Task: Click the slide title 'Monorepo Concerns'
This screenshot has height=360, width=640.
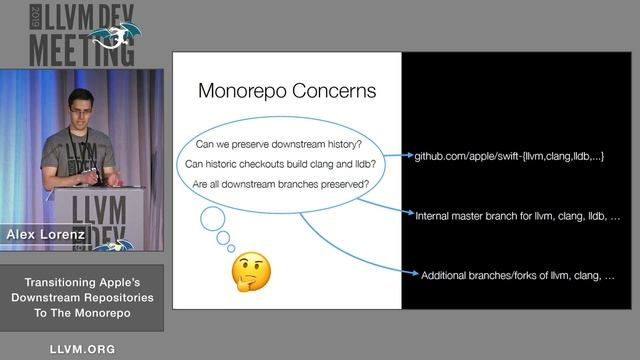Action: [286, 91]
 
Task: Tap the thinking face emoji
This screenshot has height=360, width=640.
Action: [252, 272]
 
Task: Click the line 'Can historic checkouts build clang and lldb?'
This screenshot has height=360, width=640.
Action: [286, 163]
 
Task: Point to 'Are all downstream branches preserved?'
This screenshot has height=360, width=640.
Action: [286, 185]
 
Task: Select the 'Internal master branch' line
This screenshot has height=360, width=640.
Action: [517, 215]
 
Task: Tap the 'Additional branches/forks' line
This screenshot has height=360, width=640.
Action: [518, 274]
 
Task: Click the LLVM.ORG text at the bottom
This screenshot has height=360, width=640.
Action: [82, 349]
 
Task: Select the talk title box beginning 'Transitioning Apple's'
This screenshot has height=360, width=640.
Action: [82, 298]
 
